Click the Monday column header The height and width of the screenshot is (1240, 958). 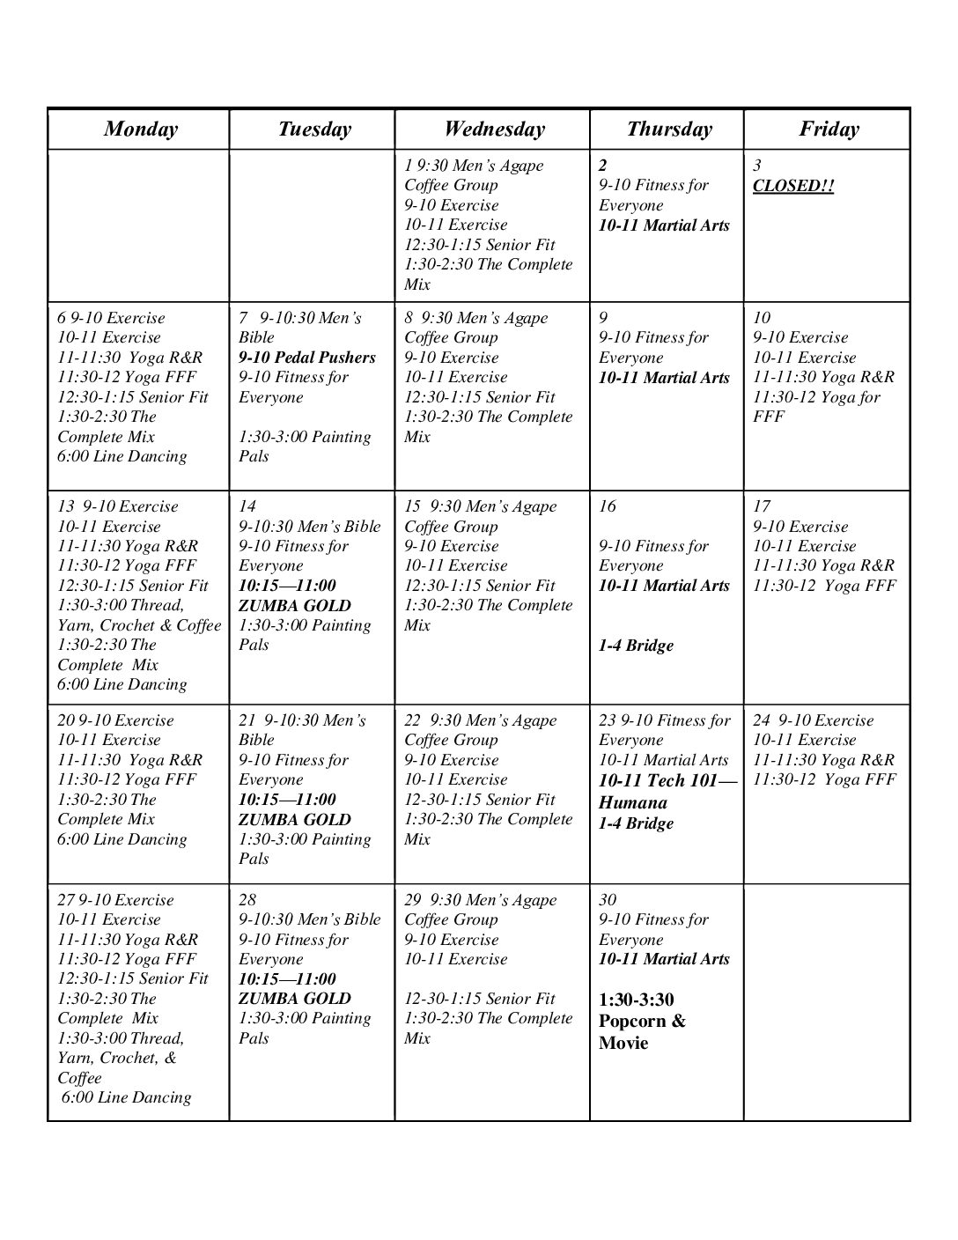click(x=140, y=129)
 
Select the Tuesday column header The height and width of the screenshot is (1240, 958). click(x=314, y=129)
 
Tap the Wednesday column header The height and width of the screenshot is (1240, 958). click(x=494, y=129)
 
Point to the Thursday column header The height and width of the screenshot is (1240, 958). click(x=669, y=129)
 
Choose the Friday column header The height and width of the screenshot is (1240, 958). click(x=829, y=129)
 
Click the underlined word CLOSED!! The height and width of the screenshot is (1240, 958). click(x=792, y=186)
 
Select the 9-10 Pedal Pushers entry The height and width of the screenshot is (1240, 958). click(x=306, y=358)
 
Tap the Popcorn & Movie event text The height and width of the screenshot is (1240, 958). click(x=642, y=1022)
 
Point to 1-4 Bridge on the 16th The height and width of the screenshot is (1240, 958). click(x=636, y=646)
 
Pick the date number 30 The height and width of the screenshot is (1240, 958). click(x=608, y=900)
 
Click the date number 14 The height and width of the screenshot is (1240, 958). click(x=247, y=506)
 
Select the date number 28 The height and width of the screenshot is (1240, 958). click(x=247, y=900)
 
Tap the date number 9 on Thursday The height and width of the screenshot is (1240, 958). click(x=603, y=318)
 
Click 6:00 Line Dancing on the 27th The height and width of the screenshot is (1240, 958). click(x=126, y=1097)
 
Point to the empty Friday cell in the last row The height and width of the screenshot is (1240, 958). click(x=826, y=1002)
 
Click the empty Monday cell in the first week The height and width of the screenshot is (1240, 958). click(x=138, y=225)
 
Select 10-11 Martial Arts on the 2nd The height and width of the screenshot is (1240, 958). click(x=664, y=225)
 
